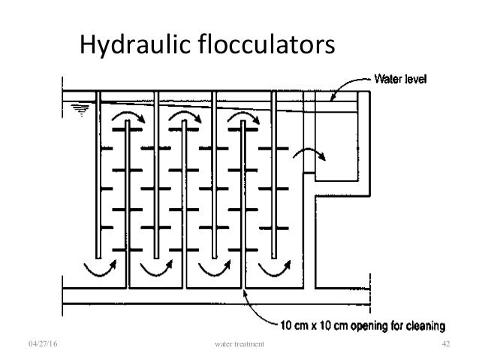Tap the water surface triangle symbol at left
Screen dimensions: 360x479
pos(77,110)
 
